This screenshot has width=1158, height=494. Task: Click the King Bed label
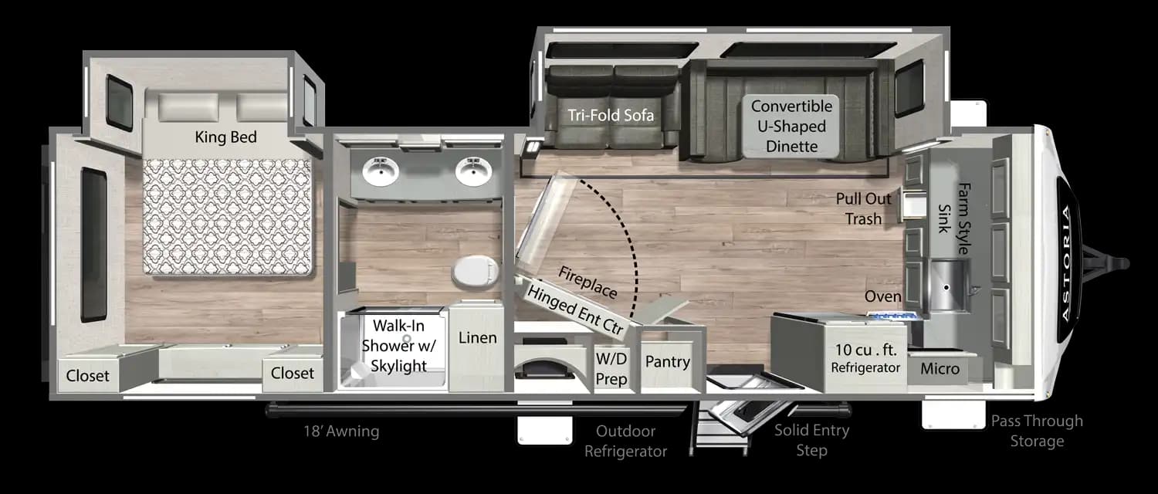pyautogui.click(x=225, y=137)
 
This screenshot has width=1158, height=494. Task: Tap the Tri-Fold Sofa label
pyautogui.click(x=611, y=116)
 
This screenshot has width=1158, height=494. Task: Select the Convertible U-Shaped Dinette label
pyautogui.click(x=792, y=126)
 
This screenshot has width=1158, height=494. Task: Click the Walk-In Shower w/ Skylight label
pyautogui.click(x=398, y=347)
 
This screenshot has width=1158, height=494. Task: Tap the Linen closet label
pyautogui.click(x=477, y=337)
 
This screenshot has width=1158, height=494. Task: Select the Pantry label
pyautogui.click(x=667, y=360)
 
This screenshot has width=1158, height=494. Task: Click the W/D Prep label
pyautogui.click(x=611, y=368)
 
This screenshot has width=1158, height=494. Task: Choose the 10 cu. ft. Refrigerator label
pyautogui.click(x=865, y=360)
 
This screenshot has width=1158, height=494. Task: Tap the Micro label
pyautogui.click(x=940, y=369)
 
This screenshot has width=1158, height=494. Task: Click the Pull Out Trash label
pyautogui.click(x=863, y=208)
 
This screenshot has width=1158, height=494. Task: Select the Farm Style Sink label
pyautogui.click(x=953, y=218)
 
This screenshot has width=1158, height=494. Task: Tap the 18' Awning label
pyautogui.click(x=341, y=431)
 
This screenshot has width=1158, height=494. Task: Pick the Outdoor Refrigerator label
pyautogui.click(x=625, y=441)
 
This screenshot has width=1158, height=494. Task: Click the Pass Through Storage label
pyautogui.click(x=1037, y=431)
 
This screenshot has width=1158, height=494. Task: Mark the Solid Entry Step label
pyautogui.click(x=811, y=440)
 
